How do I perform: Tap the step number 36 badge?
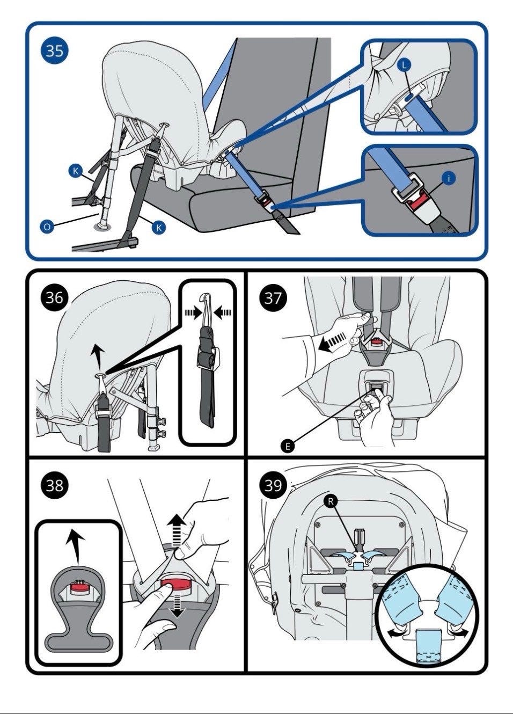click(x=54, y=297)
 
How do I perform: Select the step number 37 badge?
click(x=273, y=297)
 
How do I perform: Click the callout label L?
click(x=405, y=64)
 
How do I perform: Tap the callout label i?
click(x=449, y=177)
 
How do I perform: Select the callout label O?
click(x=47, y=227)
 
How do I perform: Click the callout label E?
click(x=288, y=446)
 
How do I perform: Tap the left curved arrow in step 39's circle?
click(x=397, y=634)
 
